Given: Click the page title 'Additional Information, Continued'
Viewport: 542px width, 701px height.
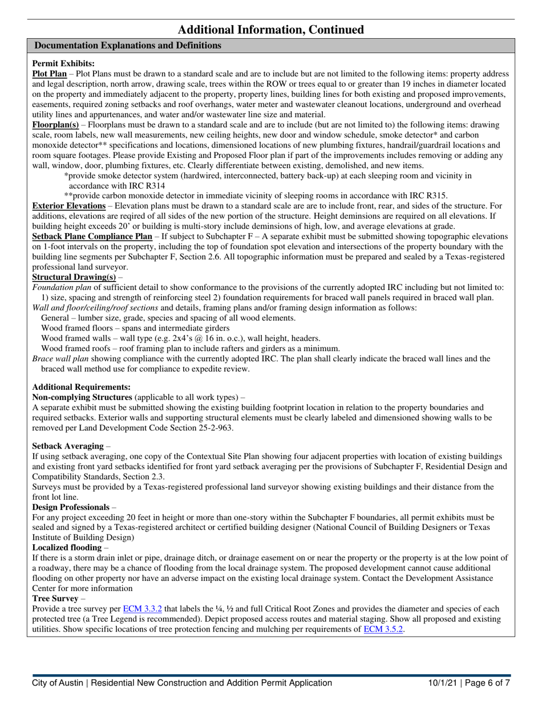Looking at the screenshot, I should tap(271, 30).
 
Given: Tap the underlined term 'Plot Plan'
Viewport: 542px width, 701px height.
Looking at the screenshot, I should tap(50, 74).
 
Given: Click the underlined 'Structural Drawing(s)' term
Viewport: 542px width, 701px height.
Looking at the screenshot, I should tap(71, 277).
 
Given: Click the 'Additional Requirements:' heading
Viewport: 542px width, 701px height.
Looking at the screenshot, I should tap(82, 386).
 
